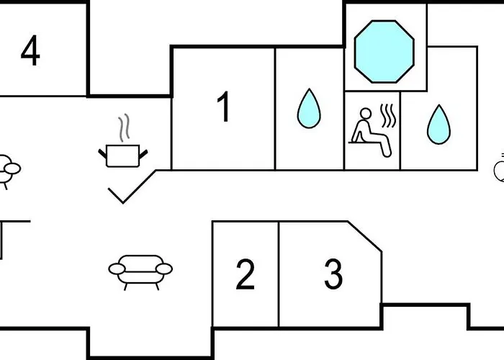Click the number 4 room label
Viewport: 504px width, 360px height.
(30, 50)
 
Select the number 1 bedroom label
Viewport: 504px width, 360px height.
(224, 107)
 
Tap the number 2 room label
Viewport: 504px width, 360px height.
(246, 274)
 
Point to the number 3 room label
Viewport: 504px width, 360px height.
(333, 274)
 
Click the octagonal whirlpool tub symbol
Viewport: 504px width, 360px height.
(384, 52)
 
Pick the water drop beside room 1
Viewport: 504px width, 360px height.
(309, 109)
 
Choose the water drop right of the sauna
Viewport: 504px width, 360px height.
(438, 125)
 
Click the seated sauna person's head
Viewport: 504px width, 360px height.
(366, 114)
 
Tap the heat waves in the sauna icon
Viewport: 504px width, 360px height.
(388, 116)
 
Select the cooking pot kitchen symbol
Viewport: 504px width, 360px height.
(123, 156)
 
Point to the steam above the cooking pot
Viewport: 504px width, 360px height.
(124, 128)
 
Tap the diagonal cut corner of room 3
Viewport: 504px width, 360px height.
(365, 236)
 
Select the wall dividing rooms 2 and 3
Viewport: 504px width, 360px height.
(279, 274)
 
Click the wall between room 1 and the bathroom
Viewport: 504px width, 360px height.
(275, 109)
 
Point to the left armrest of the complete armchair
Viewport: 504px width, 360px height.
(117, 269)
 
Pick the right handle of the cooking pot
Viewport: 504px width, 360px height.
(143, 154)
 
